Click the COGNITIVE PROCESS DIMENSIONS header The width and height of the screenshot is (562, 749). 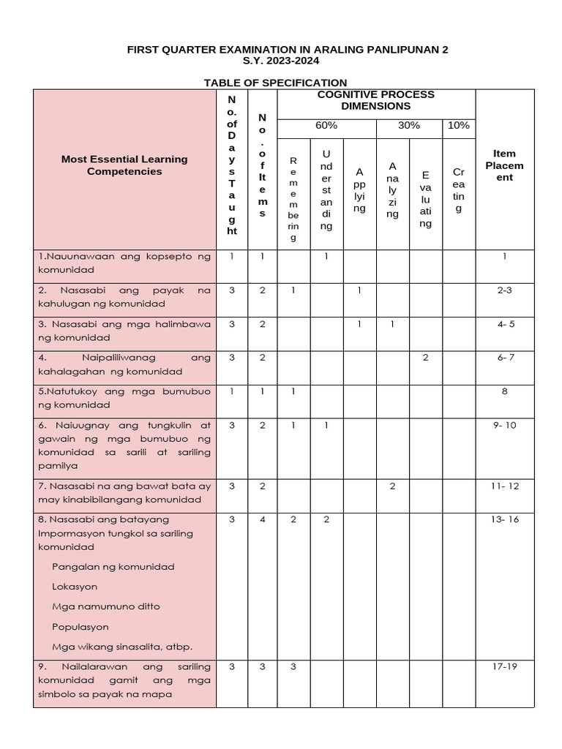pyautogui.click(x=375, y=100)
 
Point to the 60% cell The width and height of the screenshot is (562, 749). pyautogui.click(x=326, y=126)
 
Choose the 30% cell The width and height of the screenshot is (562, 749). pyautogui.click(x=408, y=126)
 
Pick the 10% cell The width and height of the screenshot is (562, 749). pyautogui.click(x=458, y=126)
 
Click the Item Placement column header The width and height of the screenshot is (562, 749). pyautogui.click(x=504, y=165)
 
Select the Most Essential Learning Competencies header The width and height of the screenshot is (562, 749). pyautogui.click(x=124, y=165)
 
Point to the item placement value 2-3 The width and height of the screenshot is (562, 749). pyautogui.click(x=504, y=290)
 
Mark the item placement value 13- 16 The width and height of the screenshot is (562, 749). pyautogui.click(x=504, y=519)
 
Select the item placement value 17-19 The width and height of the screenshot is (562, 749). pyautogui.click(x=504, y=667)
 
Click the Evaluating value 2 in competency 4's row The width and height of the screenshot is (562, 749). pyautogui.click(x=425, y=358)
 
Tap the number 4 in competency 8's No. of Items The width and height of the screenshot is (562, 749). pyautogui.click(x=262, y=519)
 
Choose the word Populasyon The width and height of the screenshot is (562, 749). pyautogui.click(x=80, y=627)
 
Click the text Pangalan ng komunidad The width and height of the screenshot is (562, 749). pyautogui.click(x=113, y=567)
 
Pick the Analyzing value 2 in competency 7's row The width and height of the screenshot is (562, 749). pyautogui.click(x=392, y=486)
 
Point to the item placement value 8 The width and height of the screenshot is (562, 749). pyautogui.click(x=504, y=391)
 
